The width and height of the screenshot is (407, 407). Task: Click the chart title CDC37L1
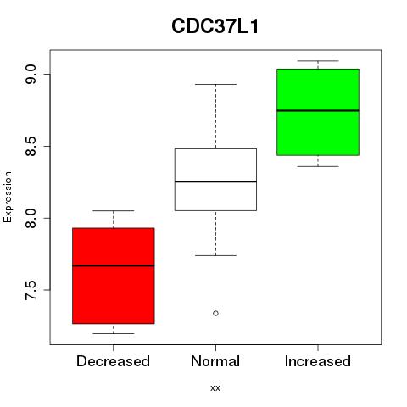tap(215, 26)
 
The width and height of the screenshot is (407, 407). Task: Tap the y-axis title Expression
tap(8, 197)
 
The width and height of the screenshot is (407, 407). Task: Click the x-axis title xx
tap(215, 387)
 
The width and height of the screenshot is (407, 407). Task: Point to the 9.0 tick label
tap(31, 74)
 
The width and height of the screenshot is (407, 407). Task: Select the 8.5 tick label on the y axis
tap(31, 146)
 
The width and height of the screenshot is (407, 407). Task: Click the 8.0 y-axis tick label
tap(31, 218)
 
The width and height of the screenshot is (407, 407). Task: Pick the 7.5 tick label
tap(31, 290)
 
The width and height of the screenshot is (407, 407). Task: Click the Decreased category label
tap(113, 361)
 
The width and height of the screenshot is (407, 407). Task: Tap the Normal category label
tap(215, 361)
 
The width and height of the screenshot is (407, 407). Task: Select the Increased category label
tap(318, 361)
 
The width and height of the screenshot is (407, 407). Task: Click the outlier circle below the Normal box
tap(215, 313)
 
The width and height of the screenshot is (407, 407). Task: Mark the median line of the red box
tap(114, 265)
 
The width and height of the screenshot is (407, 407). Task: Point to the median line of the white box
tap(215, 181)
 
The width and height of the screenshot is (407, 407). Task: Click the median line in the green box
tap(318, 110)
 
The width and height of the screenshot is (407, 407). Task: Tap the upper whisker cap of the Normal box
tap(215, 84)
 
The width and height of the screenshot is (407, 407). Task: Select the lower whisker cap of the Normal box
tap(215, 255)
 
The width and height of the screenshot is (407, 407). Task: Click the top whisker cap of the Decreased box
tap(114, 210)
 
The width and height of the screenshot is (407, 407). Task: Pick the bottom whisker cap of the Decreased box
tap(114, 333)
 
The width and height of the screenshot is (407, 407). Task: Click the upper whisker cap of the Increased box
tap(318, 61)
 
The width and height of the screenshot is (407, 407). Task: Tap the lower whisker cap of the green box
tap(318, 166)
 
